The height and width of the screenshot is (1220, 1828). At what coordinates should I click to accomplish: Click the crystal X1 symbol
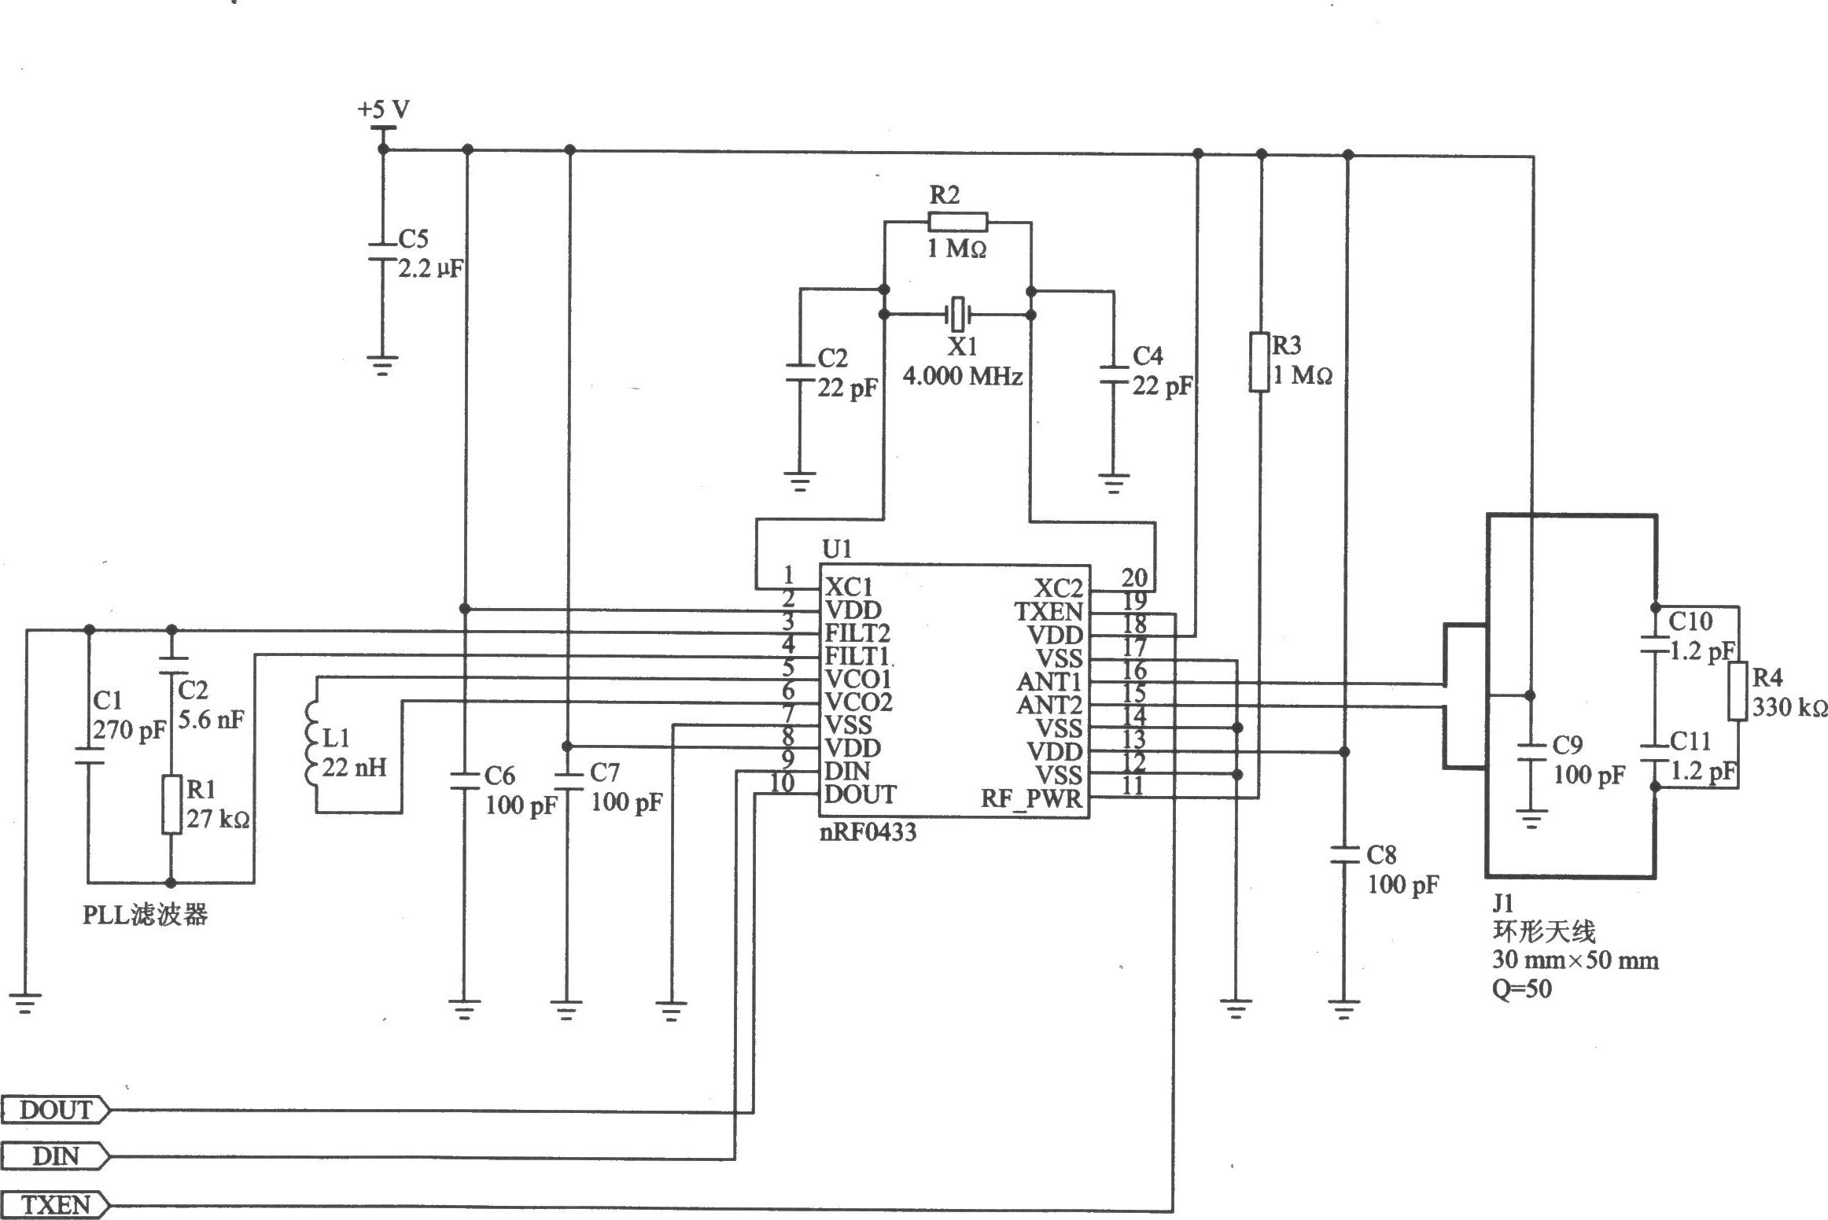(x=957, y=315)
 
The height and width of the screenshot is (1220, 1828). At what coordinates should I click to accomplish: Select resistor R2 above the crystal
(x=957, y=222)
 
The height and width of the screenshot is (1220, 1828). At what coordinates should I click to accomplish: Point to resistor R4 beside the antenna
(x=1738, y=691)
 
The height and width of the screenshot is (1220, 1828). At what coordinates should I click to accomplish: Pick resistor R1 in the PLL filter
(x=172, y=804)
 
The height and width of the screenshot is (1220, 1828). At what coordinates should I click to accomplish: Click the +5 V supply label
(x=384, y=109)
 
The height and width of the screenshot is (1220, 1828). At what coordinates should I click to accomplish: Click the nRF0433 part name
(x=868, y=832)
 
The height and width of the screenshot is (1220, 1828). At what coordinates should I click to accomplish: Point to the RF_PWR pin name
(x=1031, y=800)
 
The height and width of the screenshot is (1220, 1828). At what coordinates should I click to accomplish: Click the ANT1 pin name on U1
(x=1049, y=681)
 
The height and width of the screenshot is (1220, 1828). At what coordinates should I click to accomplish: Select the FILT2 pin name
(x=857, y=632)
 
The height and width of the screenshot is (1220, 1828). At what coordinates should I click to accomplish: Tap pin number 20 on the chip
(x=1134, y=578)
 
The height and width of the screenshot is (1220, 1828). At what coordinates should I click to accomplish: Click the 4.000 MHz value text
(x=963, y=377)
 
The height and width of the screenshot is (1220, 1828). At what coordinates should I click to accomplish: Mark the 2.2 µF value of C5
(x=430, y=269)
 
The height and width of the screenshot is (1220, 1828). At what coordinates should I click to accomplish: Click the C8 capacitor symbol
(x=1343, y=856)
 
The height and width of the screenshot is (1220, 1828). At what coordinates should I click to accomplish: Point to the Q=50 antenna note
(x=1523, y=989)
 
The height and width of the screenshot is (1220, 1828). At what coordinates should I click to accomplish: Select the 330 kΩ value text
(x=1789, y=708)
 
